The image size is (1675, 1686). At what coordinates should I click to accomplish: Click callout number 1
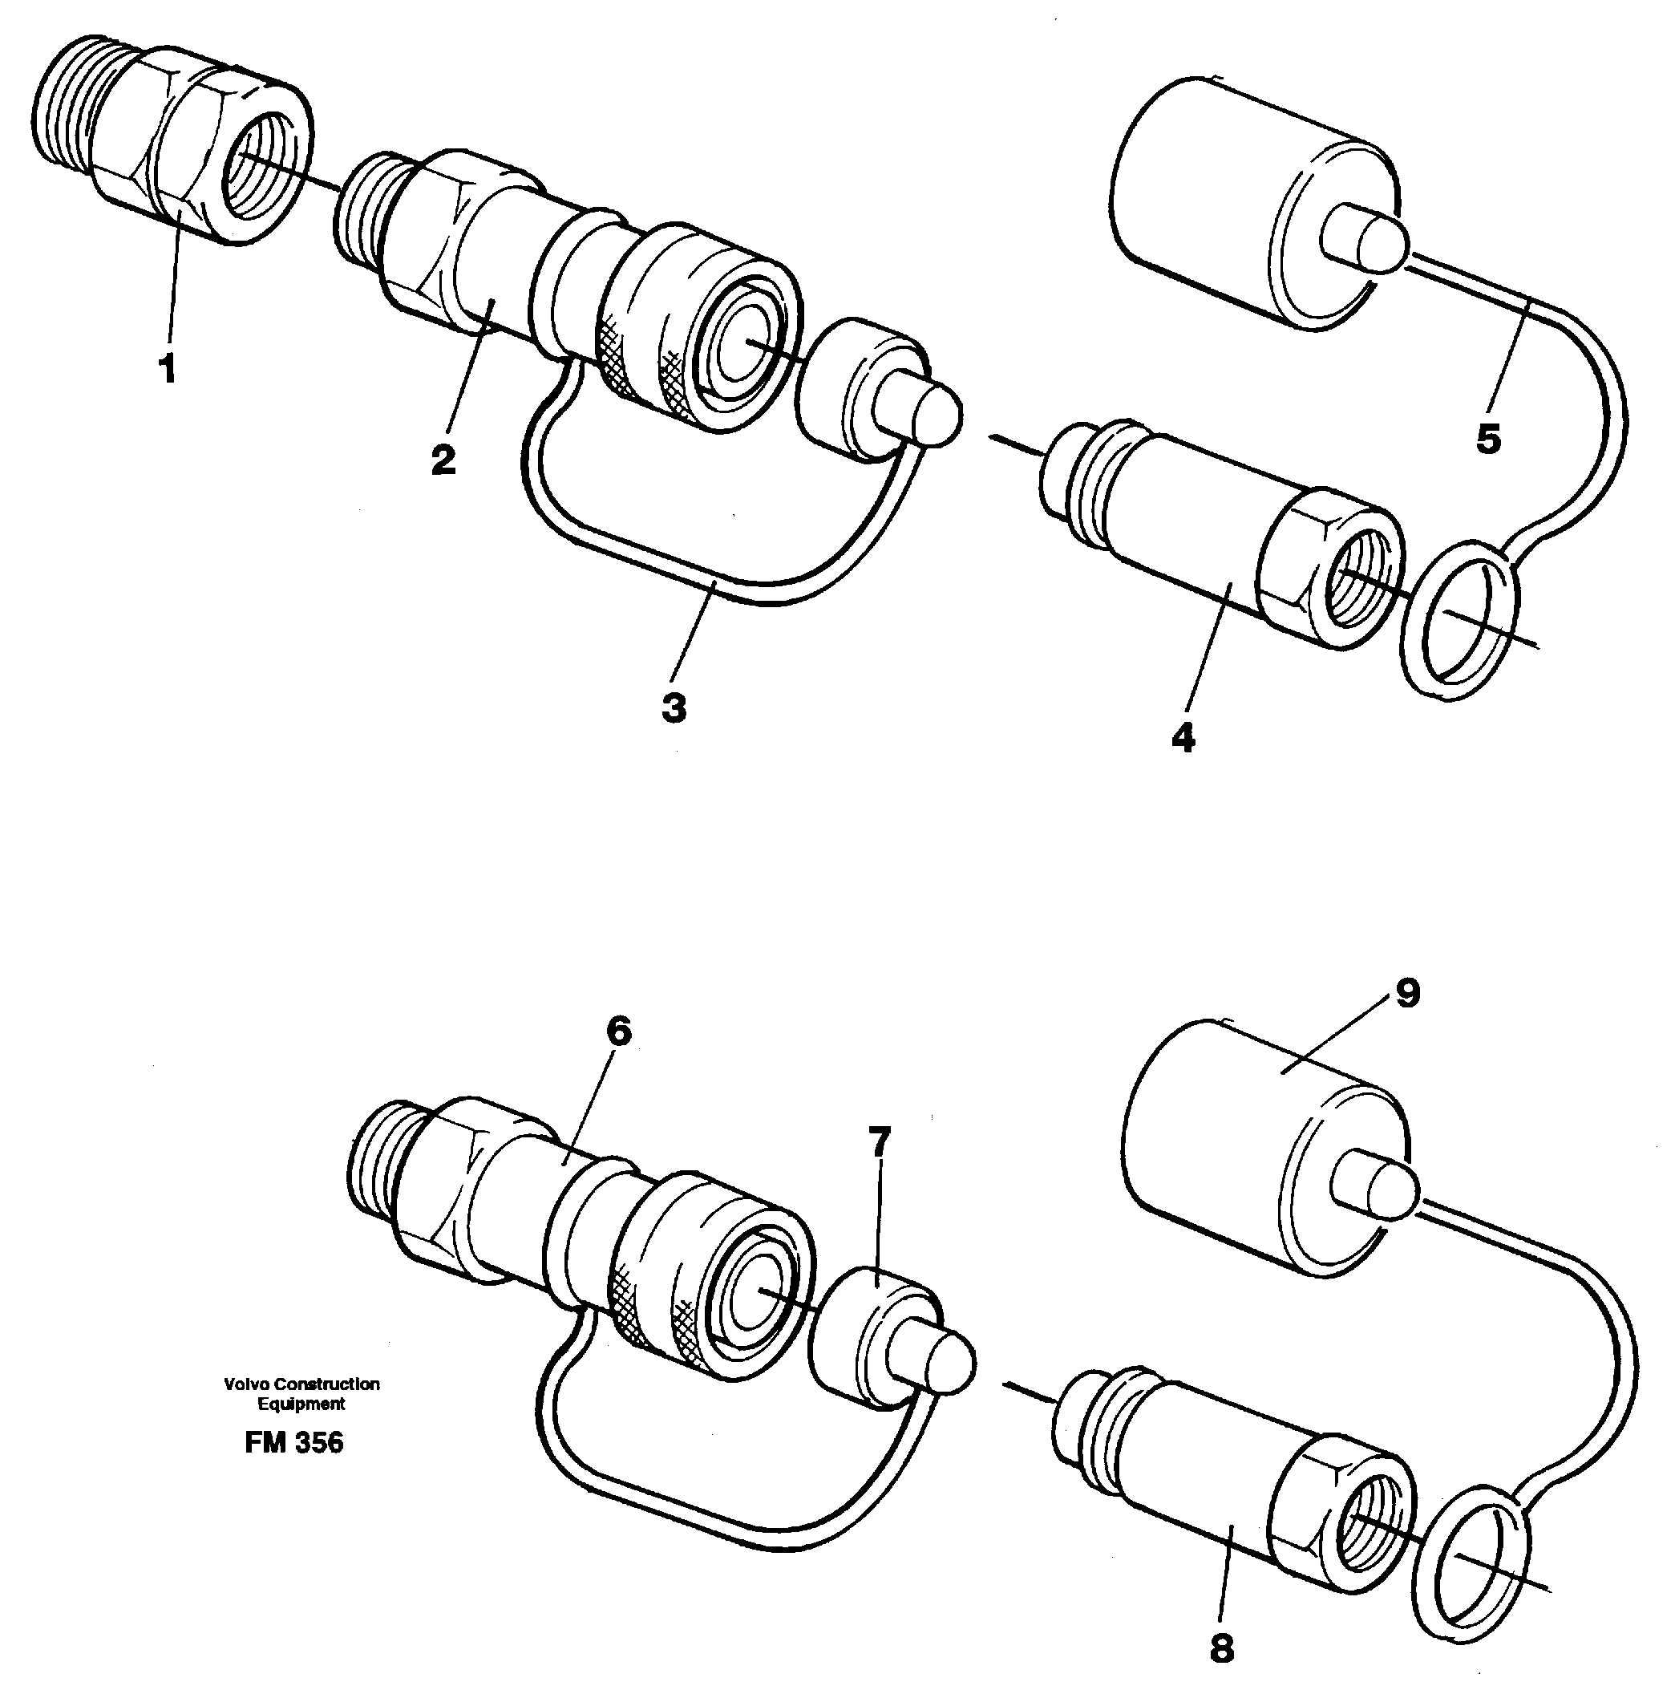(x=167, y=368)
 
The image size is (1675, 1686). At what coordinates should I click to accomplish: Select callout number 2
(x=443, y=459)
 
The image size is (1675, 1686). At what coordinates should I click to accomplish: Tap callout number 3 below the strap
(x=674, y=706)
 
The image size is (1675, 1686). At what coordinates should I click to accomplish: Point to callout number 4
(x=1183, y=737)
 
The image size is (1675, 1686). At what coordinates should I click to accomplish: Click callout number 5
(x=1488, y=438)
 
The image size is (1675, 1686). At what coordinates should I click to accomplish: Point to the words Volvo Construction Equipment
(x=301, y=1394)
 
